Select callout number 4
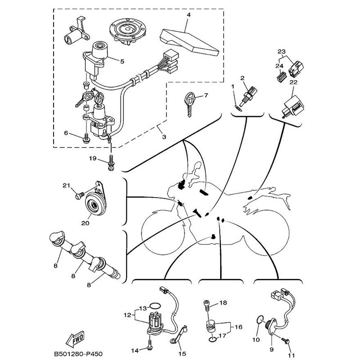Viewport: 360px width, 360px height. coord(189,15)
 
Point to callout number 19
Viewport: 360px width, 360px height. coord(92,158)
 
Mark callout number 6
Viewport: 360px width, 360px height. coord(66,133)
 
